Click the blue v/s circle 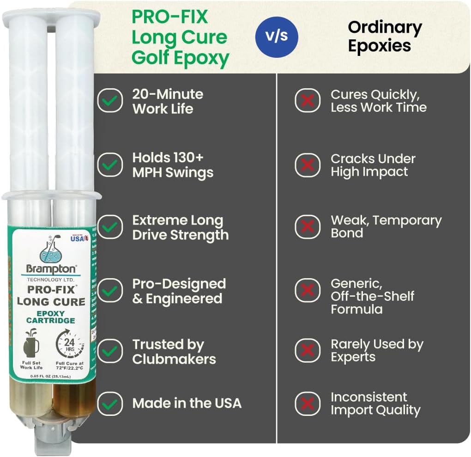point(277,37)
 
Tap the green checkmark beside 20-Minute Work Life point(110,101)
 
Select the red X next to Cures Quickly point(308,101)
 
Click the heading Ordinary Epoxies point(385,37)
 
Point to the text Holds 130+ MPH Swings point(173,165)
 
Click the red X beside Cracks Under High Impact point(308,165)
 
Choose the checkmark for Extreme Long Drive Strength point(110,227)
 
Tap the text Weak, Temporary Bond point(386,226)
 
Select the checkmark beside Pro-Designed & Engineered point(110,291)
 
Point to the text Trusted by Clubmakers point(174,352)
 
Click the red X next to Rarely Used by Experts point(308,351)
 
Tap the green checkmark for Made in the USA point(110,403)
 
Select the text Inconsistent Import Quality point(375,403)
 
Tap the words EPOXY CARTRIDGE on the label point(50,317)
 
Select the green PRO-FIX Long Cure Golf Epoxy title point(180,37)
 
